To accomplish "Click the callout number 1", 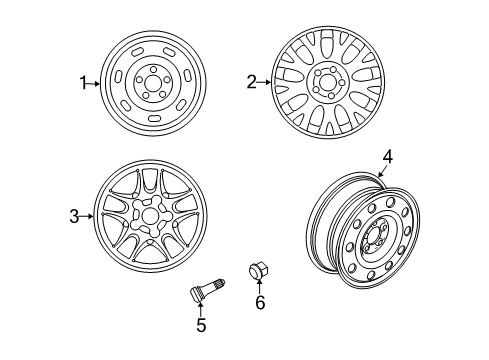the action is tap(83, 83).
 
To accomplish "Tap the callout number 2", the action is tap(251, 82).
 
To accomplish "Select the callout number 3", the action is tap(74, 216).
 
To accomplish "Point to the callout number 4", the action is tap(388, 157).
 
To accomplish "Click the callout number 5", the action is tap(201, 325).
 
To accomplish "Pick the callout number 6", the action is tap(260, 302).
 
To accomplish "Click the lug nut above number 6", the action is tap(259, 271).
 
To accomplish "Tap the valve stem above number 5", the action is tap(207, 289).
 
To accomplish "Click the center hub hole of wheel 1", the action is tap(153, 82).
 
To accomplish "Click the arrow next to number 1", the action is tap(93, 84).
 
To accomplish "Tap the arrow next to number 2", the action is tap(265, 82).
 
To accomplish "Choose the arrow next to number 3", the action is tap(87, 216).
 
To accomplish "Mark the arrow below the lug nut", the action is tap(259, 286).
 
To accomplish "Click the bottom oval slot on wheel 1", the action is tap(154, 118).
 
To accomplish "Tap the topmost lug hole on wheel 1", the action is tap(153, 69).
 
